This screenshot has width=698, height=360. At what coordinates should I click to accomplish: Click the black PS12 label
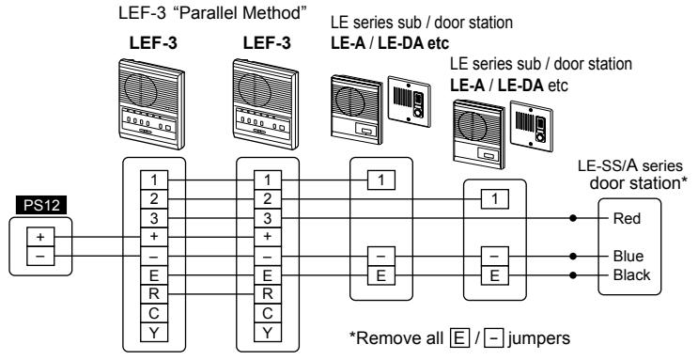click(41, 206)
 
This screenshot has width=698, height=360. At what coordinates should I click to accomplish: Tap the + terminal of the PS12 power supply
click(40, 237)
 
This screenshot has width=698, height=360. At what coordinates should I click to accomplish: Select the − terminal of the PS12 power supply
click(40, 257)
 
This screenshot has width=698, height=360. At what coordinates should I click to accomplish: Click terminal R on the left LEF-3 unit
click(154, 294)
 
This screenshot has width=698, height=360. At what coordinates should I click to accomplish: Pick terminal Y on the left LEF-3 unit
click(154, 333)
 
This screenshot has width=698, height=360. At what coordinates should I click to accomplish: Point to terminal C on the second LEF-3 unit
click(268, 314)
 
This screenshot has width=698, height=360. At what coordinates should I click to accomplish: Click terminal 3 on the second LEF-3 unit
click(268, 218)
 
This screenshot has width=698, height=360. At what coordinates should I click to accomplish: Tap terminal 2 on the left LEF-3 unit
click(154, 199)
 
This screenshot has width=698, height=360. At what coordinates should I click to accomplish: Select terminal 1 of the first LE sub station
click(381, 180)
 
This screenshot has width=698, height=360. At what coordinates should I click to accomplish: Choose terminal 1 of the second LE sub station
click(494, 199)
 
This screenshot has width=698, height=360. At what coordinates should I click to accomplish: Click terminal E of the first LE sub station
click(381, 275)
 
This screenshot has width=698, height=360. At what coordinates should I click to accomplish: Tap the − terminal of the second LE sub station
click(494, 257)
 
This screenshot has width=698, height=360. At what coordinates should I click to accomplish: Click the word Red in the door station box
click(627, 218)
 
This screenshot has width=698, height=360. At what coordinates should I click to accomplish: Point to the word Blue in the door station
click(628, 257)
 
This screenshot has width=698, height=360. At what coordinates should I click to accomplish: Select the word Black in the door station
click(631, 274)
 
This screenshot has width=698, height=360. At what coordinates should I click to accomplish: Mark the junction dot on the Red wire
click(573, 218)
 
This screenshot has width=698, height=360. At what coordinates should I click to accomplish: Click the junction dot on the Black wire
click(573, 274)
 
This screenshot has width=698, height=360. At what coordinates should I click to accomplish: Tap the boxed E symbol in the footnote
click(459, 338)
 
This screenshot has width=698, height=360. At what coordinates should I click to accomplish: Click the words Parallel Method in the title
click(239, 13)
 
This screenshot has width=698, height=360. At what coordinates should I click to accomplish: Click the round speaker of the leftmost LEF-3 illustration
click(140, 89)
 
